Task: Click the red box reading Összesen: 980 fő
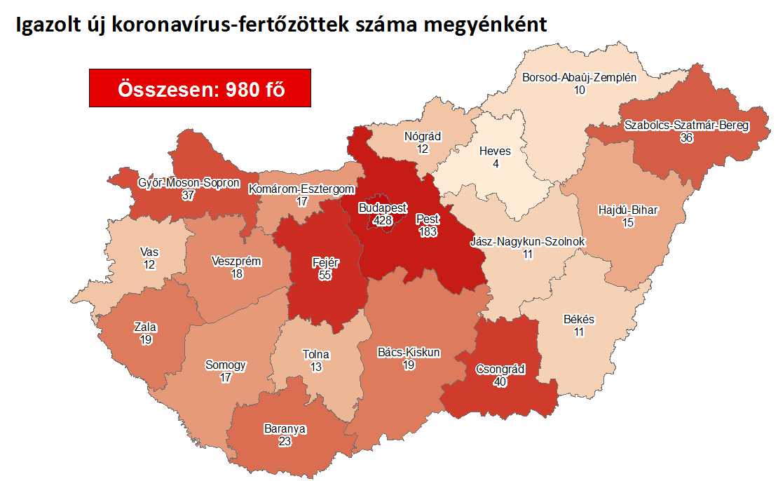pyautogui.click(x=200, y=88)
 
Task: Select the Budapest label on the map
pyautogui.click(x=382, y=208)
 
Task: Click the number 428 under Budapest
pyautogui.click(x=382, y=219)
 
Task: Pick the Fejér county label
pyautogui.click(x=325, y=263)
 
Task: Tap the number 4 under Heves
pyautogui.click(x=495, y=164)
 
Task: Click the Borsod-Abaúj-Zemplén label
pyautogui.click(x=580, y=78)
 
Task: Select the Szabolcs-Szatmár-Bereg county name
pyautogui.click(x=686, y=126)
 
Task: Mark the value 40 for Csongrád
pyautogui.click(x=500, y=381)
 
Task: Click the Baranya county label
pyautogui.click(x=285, y=428)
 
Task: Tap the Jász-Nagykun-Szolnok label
pyautogui.click(x=527, y=242)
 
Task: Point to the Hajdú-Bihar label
pyautogui.click(x=629, y=210)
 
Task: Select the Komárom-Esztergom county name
pyautogui.click(x=301, y=189)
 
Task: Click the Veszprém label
pyautogui.click(x=236, y=262)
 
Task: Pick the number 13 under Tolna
pyautogui.click(x=315, y=367)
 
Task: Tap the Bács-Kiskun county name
pyautogui.click(x=409, y=353)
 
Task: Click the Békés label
pyautogui.click(x=578, y=320)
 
